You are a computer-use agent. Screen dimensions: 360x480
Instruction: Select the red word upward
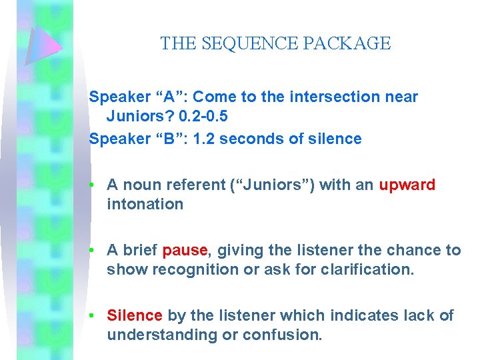point(407,185)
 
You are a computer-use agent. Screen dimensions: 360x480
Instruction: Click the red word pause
point(185,250)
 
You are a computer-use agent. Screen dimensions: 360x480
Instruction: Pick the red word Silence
point(135,315)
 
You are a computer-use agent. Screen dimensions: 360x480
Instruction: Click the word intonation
point(145,204)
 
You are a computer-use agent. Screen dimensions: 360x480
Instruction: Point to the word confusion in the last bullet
point(289,335)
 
